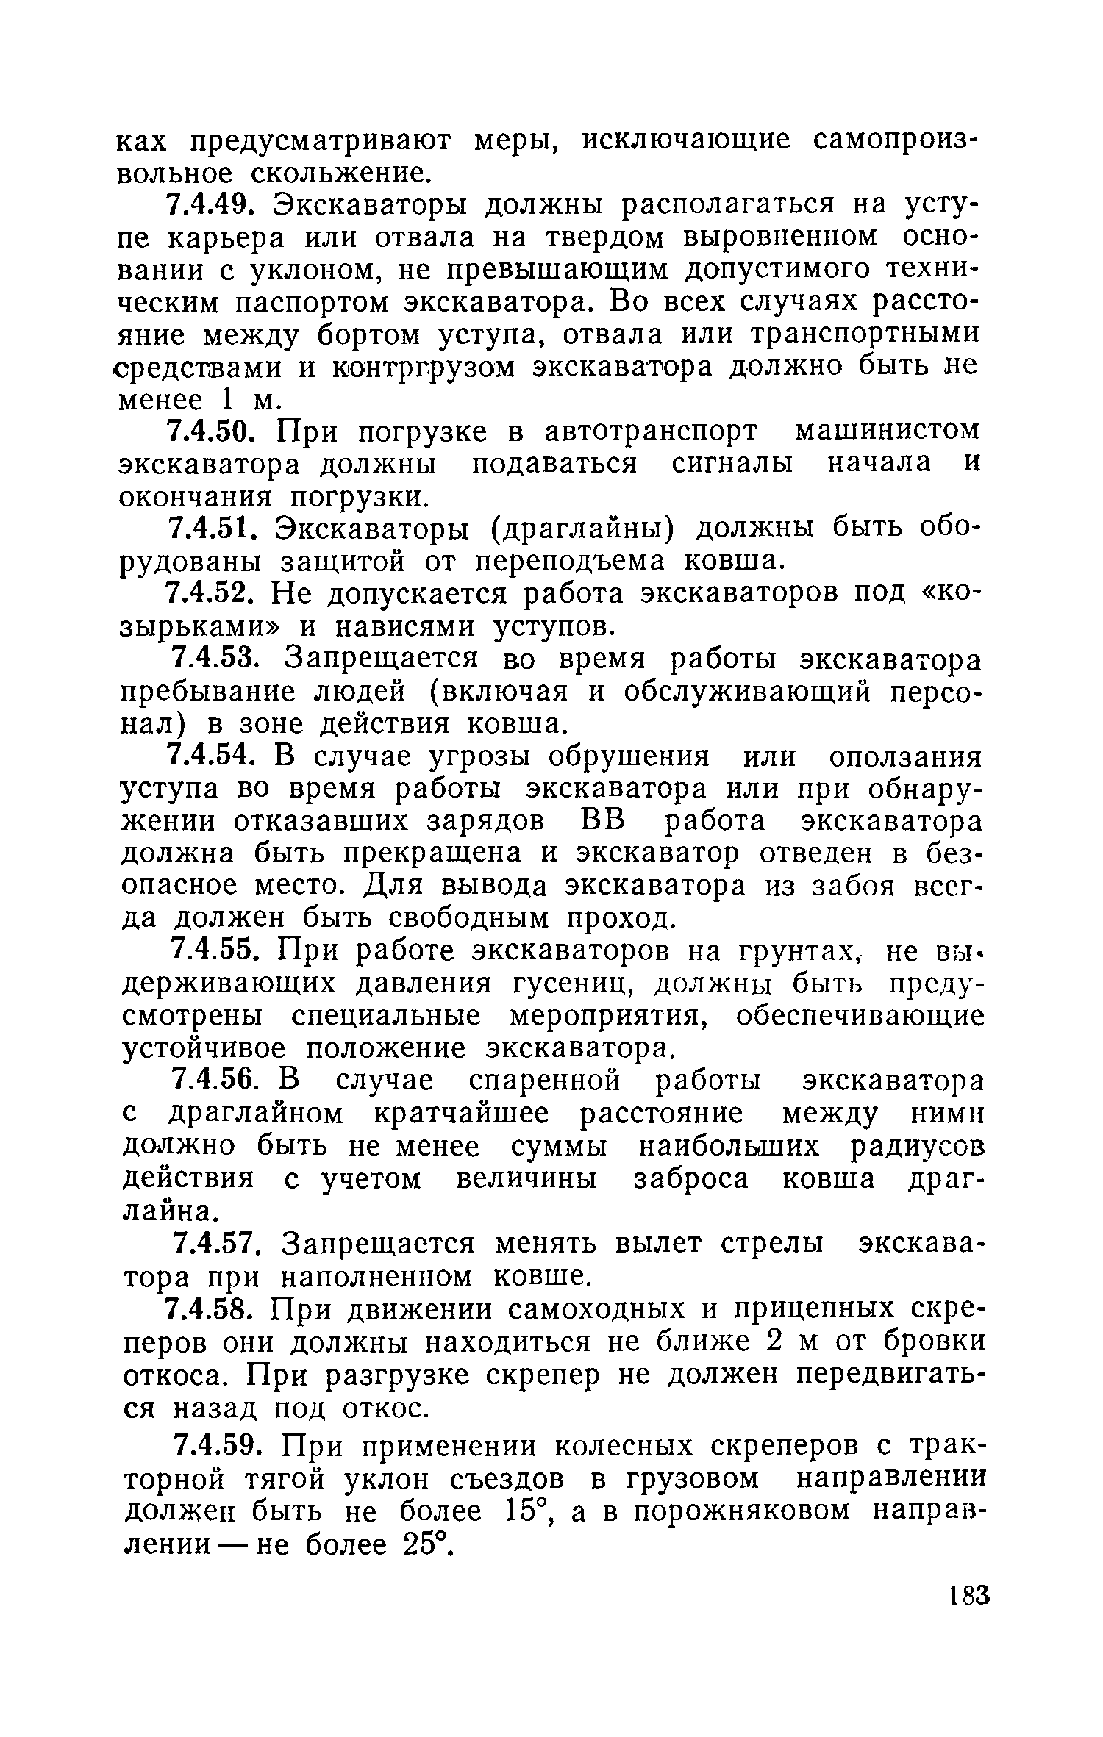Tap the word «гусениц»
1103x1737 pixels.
tap(568, 984)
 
